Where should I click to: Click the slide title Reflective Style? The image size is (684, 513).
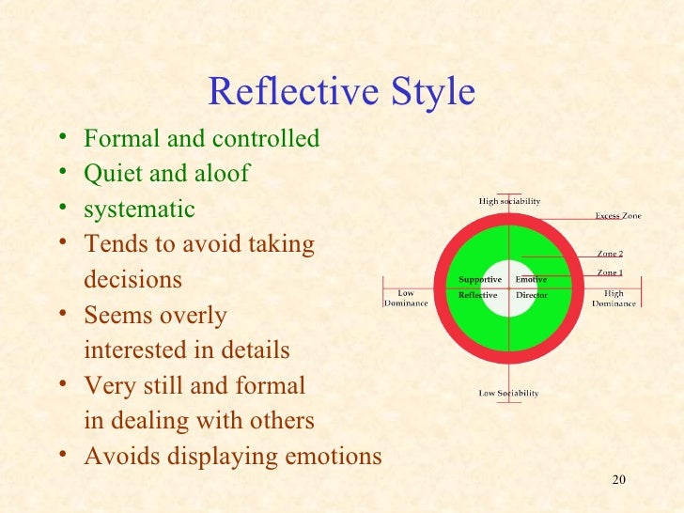(341, 92)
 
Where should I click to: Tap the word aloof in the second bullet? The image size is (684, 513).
(221, 175)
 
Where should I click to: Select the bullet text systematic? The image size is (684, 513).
(139, 210)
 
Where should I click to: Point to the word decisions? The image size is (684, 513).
(132, 281)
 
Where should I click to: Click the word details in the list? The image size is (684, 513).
(256, 350)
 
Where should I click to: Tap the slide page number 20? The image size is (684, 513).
(617, 481)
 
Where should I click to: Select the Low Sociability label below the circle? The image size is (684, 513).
(508, 393)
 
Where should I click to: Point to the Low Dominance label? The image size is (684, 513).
(406, 298)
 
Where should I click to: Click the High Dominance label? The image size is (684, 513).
(614, 298)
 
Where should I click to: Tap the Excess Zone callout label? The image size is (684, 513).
(618, 216)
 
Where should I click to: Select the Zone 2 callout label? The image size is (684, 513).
(610, 254)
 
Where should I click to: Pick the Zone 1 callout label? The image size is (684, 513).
(610, 272)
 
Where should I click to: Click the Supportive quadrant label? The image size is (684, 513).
(479, 280)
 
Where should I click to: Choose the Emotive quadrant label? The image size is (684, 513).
(531, 280)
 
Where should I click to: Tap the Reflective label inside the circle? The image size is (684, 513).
(477, 295)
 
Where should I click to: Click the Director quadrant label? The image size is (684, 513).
(531, 295)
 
